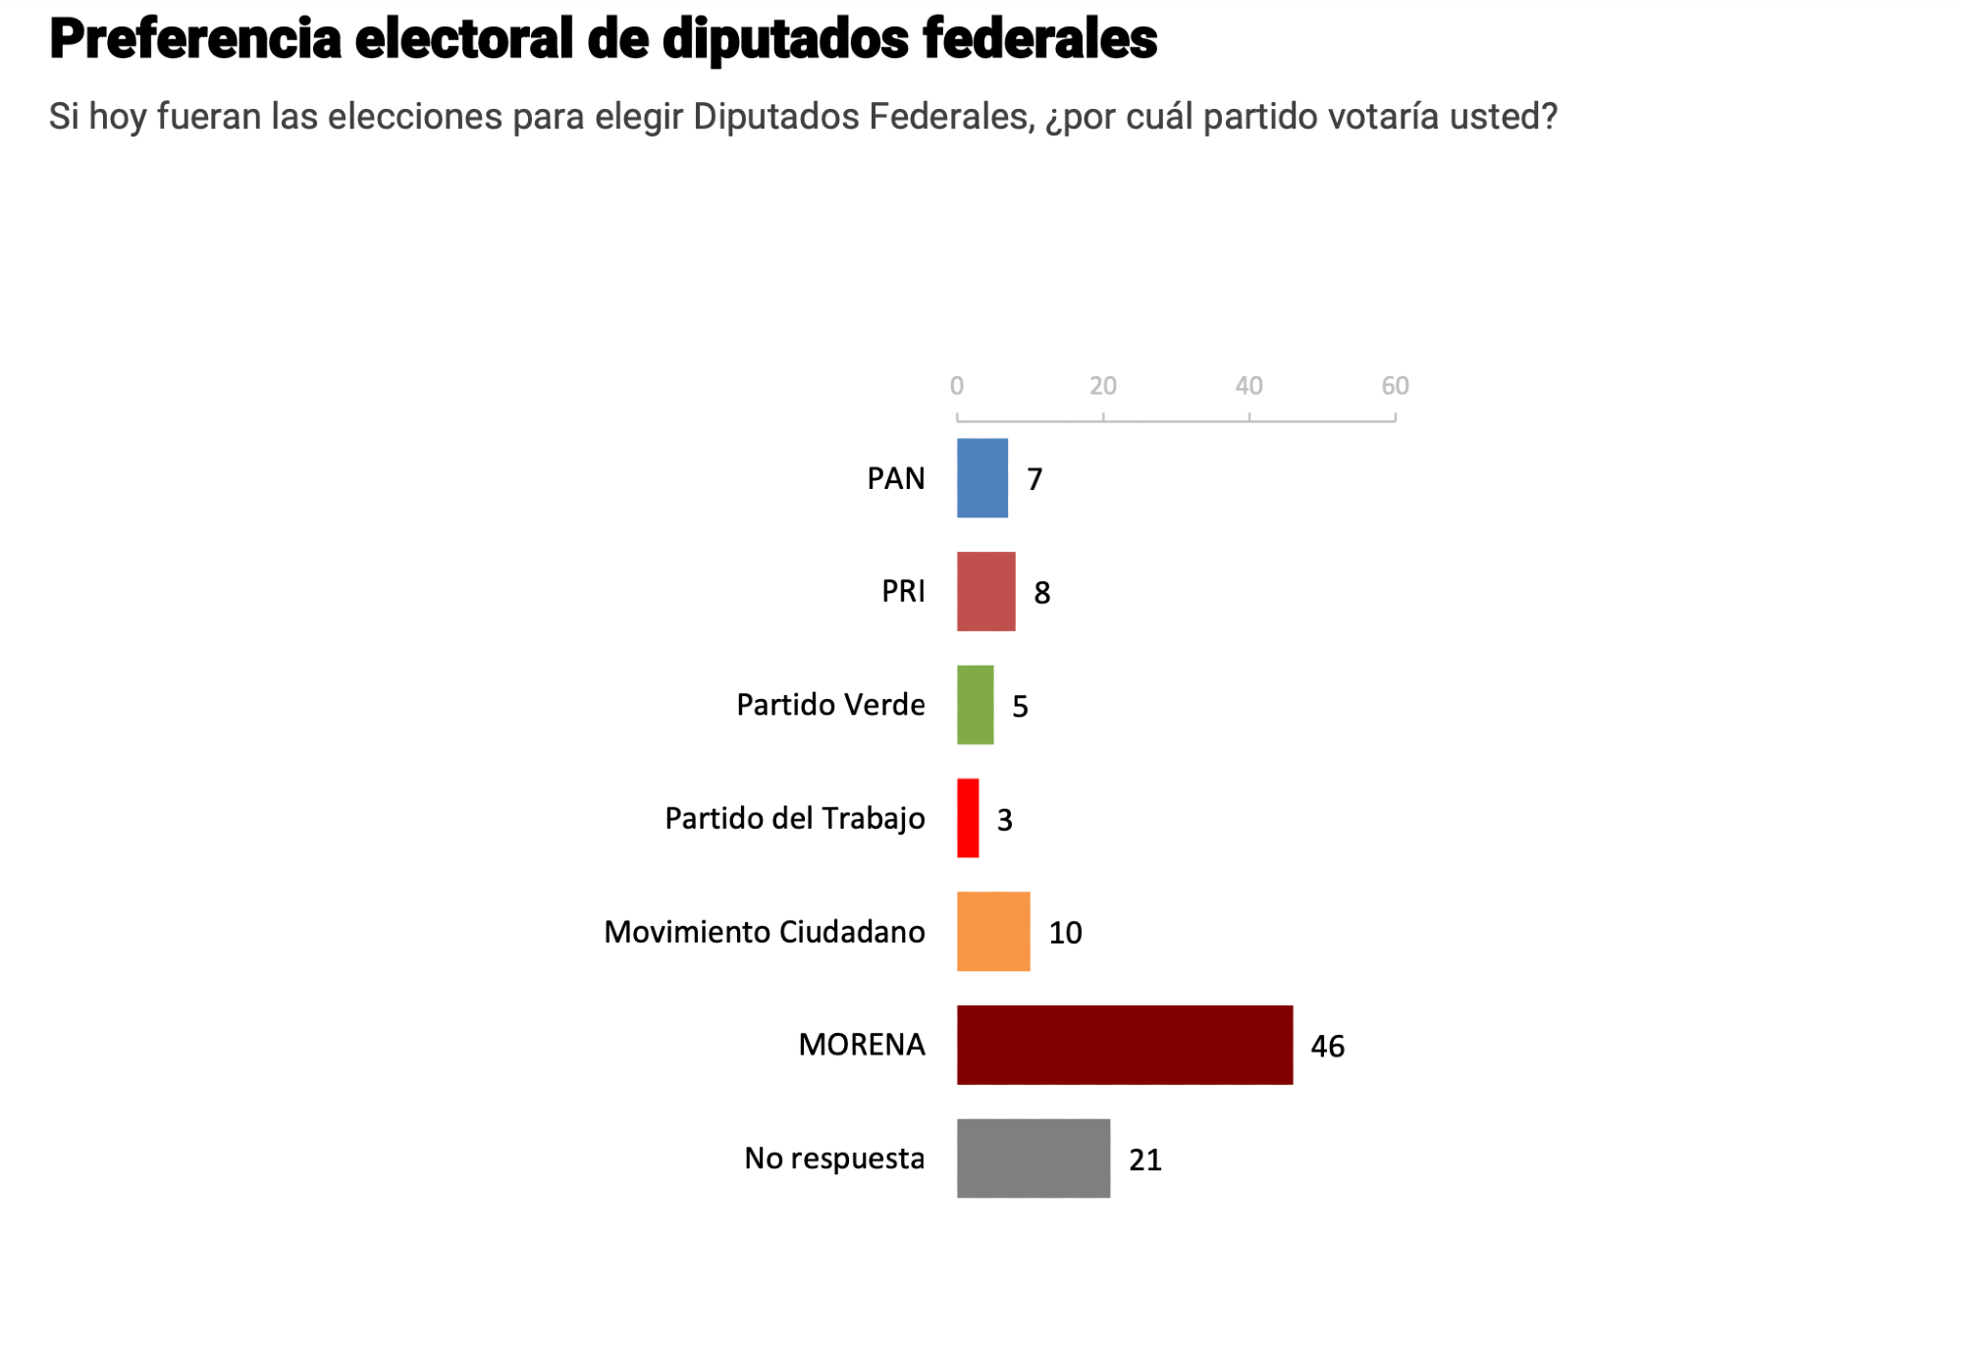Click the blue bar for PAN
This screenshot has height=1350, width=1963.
click(x=982, y=478)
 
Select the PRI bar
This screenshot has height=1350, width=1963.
click(x=986, y=591)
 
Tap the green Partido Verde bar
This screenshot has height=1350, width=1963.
click(x=976, y=705)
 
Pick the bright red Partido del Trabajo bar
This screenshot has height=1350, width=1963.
click(x=968, y=818)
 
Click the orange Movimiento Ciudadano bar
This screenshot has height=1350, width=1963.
click(x=993, y=932)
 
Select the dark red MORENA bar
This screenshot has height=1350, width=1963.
click(x=1125, y=1045)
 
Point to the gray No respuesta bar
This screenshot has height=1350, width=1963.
click(x=1034, y=1159)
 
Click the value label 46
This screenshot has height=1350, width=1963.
click(x=1327, y=1047)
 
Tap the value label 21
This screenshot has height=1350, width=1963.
click(x=1144, y=1161)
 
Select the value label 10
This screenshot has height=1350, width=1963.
click(x=1065, y=933)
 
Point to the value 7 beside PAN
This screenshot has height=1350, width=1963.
click(x=1035, y=479)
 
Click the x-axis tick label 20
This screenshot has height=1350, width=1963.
click(x=1103, y=386)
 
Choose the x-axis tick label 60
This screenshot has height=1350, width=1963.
click(x=1395, y=386)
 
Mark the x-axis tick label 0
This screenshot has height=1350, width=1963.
click(x=957, y=386)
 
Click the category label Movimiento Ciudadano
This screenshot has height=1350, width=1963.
click(x=764, y=932)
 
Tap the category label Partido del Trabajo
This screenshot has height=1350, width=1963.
click(x=794, y=818)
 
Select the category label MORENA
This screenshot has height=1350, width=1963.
click(x=862, y=1045)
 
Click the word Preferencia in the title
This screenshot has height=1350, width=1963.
click(x=195, y=39)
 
